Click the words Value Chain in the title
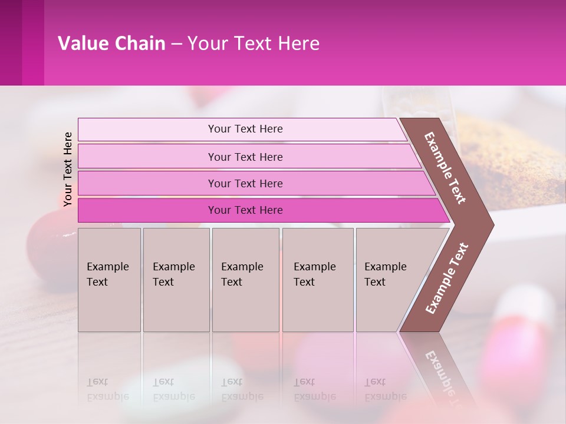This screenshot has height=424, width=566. tap(111, 44)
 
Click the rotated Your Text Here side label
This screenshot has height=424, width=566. tap(68, 169)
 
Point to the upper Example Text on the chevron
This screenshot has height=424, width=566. tap(445, 168)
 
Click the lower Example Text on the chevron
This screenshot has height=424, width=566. tap(447, 279)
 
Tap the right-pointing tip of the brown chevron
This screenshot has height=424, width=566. tap(490, 224)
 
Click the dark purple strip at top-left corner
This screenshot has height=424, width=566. tap(11, 42)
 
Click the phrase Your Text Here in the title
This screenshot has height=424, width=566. tap(254, 44)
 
